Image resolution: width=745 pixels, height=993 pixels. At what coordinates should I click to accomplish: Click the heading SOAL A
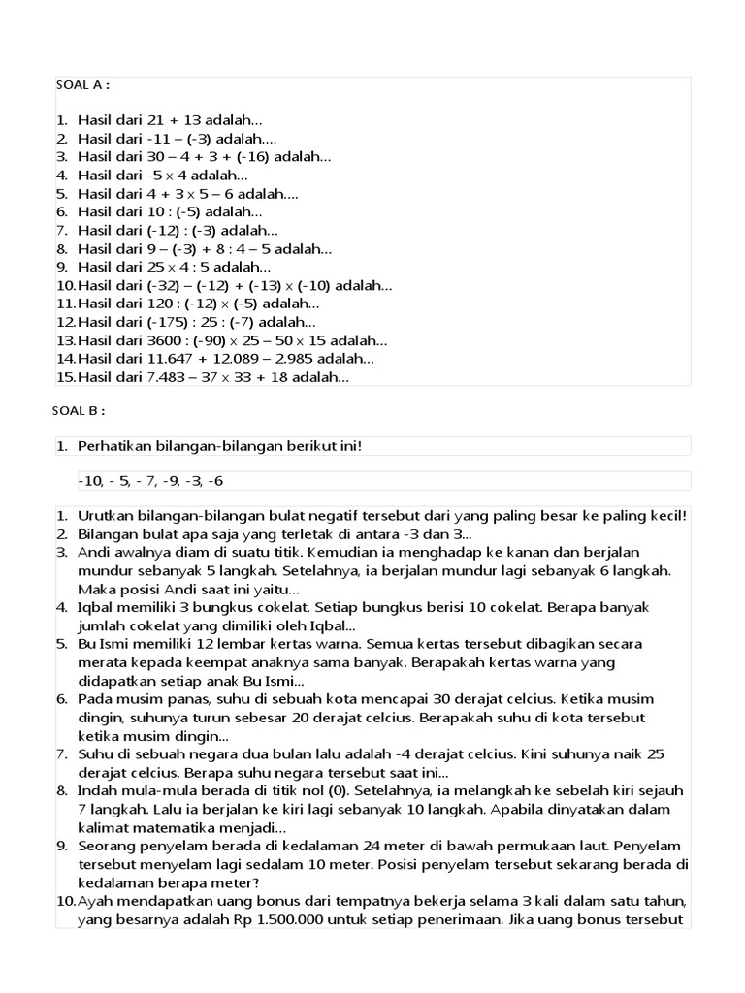tap(81, 85)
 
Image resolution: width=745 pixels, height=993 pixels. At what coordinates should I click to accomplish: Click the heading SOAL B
tap(78, 410)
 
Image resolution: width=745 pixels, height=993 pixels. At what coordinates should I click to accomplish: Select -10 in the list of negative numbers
tap(89, 481)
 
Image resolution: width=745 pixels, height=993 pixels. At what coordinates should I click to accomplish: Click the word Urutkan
tap(104, 516)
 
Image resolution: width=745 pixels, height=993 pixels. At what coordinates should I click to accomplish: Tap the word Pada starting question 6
tap(93, 698)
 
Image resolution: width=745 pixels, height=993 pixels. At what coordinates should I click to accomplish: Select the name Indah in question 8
tap(96, 790)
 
